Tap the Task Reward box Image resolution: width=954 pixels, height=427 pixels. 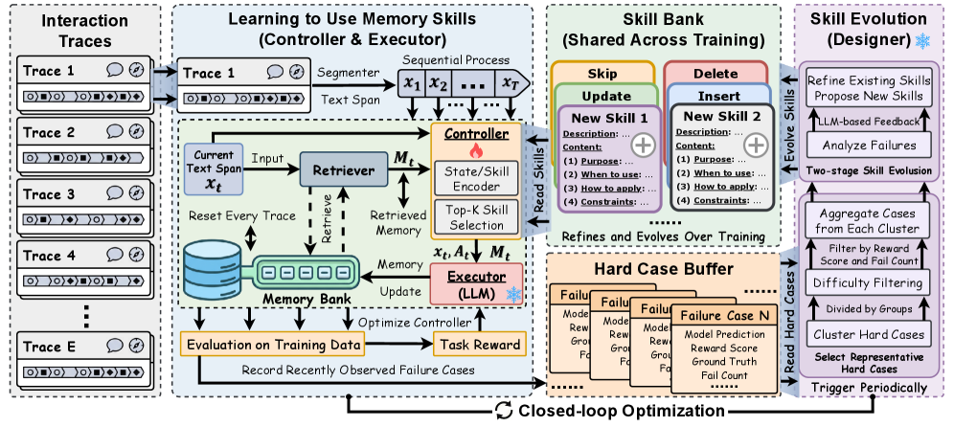(x=479, y=345)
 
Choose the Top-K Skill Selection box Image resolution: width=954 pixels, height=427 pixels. (x=475, y=217)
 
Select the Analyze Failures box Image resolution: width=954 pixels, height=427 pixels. (x=868, y=146)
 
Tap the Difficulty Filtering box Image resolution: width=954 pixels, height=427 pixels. (x=868, y=283)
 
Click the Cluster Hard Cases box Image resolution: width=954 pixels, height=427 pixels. (x=868, y=334)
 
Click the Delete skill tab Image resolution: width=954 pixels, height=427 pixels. (x=716, y=74)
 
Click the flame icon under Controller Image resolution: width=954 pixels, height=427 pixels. (x=475, y=150)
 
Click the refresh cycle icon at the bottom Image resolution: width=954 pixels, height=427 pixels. (x=504, y=410)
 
